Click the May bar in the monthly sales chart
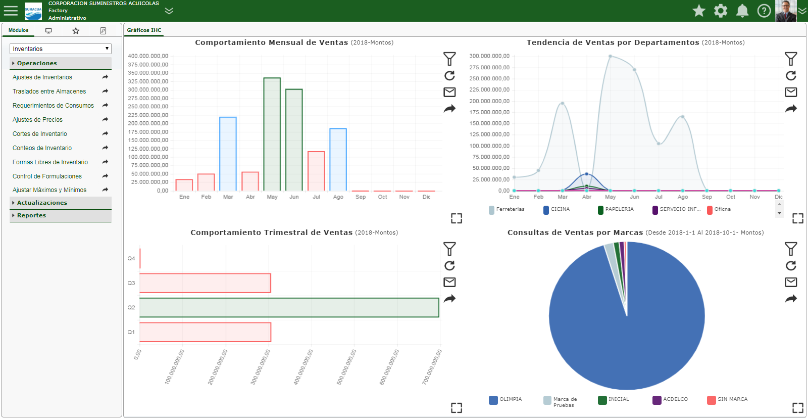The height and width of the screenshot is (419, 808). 272,134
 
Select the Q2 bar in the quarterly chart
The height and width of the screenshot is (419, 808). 289,307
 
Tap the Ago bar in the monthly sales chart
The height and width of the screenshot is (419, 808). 338,159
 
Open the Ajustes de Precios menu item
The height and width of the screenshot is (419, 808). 38,120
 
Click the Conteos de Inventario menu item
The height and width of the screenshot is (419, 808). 42,148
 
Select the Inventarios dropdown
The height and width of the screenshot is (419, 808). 61,49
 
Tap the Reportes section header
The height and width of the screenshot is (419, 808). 31,215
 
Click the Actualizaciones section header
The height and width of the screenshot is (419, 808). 42,203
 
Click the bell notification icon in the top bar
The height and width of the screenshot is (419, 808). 742,11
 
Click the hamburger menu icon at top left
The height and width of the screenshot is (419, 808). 11,11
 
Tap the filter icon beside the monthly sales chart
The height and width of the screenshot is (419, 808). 449,59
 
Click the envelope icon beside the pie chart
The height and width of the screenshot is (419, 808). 791,282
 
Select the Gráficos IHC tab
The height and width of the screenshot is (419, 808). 144,30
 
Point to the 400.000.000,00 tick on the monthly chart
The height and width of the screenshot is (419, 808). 148,56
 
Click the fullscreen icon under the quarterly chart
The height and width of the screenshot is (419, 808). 457,408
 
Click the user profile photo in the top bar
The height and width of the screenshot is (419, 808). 785,11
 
